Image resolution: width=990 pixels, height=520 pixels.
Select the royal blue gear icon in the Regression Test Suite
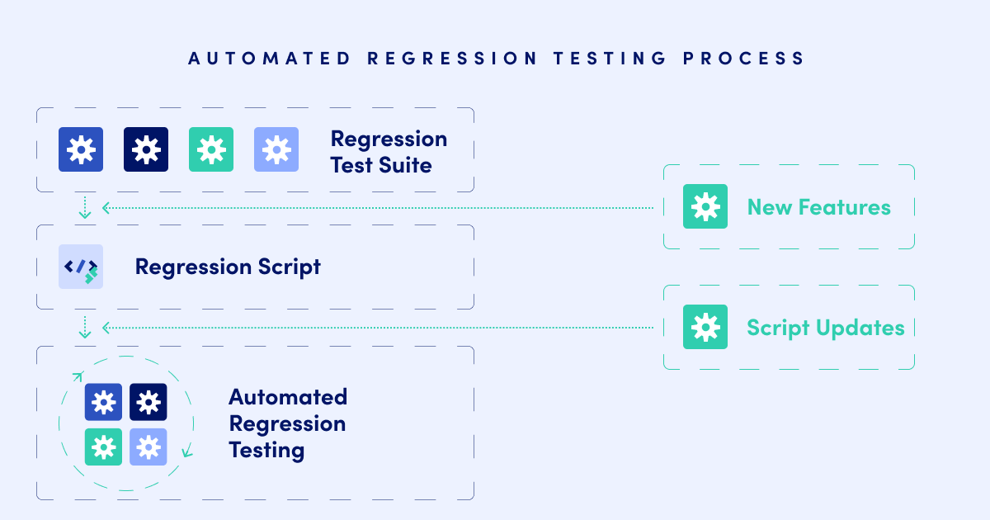(81, 149)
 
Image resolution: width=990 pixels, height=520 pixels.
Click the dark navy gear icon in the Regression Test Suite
(146, 149)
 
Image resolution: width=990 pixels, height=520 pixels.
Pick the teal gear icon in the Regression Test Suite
(211, 149)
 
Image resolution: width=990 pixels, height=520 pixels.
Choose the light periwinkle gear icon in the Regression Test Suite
(276, 149)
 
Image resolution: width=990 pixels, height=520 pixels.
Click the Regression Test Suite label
(389, 152)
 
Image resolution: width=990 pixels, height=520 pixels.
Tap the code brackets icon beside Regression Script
(81, 267)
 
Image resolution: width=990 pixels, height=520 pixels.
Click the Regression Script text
(228, 267)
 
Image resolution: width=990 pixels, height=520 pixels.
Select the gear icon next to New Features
(705, 206)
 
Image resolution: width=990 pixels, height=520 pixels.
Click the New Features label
(818, 206)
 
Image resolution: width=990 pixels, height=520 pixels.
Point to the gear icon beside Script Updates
(705, 327)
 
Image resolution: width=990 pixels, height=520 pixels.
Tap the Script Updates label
(825, 328)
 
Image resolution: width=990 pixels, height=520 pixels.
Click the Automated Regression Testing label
(288, 423)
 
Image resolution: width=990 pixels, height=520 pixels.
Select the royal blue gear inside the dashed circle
(103, 402)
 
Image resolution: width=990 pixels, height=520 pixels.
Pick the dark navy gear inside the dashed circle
(148, 402)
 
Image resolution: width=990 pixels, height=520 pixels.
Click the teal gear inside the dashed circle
(103, 447)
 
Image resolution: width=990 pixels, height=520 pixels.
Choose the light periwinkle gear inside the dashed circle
(148, 447)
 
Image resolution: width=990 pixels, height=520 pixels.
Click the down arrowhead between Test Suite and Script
(84, 215)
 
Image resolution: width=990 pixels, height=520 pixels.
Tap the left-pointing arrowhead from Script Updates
(106, 328)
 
